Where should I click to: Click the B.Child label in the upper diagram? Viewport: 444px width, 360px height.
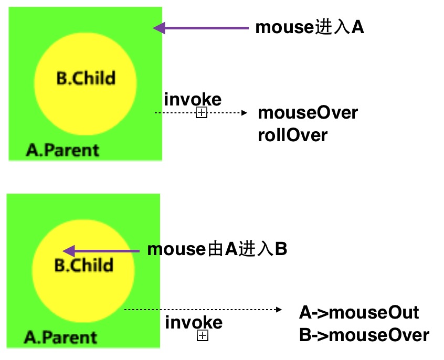(86, 79)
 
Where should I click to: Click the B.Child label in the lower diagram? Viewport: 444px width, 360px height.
(84, 265)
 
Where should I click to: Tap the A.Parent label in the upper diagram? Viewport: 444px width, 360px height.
(62, 150)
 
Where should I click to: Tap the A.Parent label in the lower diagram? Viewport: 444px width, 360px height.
(61, 337)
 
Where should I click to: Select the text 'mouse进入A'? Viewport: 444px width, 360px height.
(310, 28)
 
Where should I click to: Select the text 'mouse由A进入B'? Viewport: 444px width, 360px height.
(217, 249)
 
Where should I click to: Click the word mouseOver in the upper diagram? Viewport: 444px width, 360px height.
(308, 112)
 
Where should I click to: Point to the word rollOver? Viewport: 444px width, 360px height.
(293, 135)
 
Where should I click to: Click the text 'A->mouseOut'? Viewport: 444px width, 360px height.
(359, 313)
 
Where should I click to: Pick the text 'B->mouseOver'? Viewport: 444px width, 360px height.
(364, 335)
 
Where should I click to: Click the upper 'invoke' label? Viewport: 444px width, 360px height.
(193, 99)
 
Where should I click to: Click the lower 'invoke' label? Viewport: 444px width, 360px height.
(194, 322)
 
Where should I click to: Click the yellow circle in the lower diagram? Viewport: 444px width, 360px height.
(84, 289)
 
